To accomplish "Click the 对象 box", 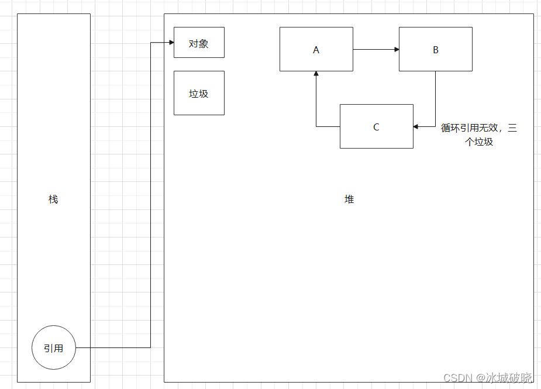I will click(x=199, y=43).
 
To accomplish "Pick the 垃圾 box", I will click(x=199, y=93).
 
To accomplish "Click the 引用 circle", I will click(x=53, y=348).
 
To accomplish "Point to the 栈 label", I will click(x=53, y=199).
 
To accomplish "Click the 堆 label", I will click(x=349, y=199).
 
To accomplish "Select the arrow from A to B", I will click(x=375, y=49).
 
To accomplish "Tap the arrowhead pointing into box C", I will click(x=416, y=126).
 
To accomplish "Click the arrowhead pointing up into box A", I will click(x=316, y=74).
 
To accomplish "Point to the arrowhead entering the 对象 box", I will click(x=171, y=42).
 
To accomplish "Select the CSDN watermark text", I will click(x=457, y=378).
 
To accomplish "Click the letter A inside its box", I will click(x=316, y=50).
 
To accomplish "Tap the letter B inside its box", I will click(x=435, y=50).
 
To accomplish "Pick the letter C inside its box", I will click(x=376, y=127).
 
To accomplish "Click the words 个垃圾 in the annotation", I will click(x=479, y=142).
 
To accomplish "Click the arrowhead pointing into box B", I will click(x=396, y=49).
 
